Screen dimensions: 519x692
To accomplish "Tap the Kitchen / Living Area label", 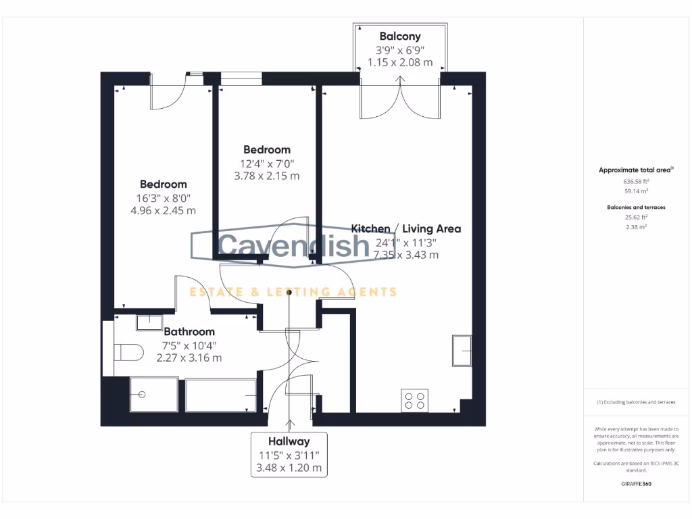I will (406, 228).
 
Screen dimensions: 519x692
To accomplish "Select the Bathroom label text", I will (189, 332).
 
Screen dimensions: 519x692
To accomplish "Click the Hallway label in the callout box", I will (289, 441).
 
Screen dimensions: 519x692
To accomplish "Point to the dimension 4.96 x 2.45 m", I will (163, 210).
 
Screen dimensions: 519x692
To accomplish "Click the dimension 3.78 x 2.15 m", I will (266, 176).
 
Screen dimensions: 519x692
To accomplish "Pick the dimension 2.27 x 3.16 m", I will (189, 358).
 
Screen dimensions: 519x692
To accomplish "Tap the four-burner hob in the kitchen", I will (414, 400).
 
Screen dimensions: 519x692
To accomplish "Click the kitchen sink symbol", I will (462, 350).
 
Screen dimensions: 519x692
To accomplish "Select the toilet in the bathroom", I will (128, 352).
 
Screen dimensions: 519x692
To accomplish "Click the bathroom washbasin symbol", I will (149, 322).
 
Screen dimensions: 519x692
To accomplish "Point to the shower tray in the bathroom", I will (153, 395).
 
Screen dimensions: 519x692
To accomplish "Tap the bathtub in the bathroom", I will (221, 395).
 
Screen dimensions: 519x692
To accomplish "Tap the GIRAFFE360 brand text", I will (635, 484).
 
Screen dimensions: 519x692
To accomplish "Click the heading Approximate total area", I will (635, 170).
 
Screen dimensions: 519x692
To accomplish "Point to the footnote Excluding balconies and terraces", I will (635, 402).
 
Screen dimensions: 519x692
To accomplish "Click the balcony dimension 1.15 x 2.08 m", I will (399, 61).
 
